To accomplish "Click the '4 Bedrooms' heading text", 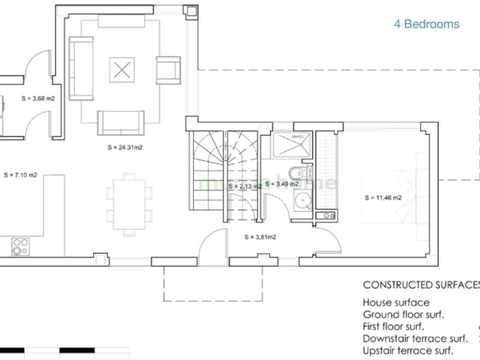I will point(427,25).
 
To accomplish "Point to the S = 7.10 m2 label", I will point(20,175).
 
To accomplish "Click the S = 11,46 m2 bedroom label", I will point(383,197).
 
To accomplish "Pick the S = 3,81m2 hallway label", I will point(260,237).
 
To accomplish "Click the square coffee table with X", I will point(122,70).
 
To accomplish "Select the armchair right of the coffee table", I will point(168,70).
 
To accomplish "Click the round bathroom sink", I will point(301,201).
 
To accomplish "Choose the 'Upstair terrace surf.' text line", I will point(408,351).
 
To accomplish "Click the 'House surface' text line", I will point(396,303).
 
